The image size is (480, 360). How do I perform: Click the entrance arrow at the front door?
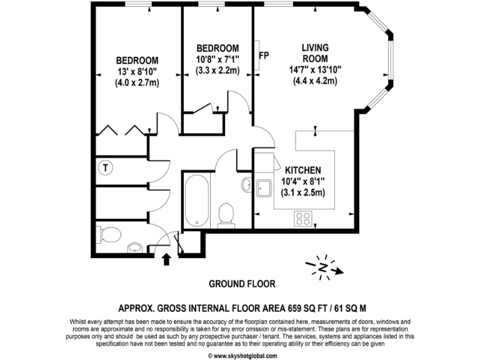click(167, 258)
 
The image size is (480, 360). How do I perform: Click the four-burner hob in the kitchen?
click(303, 218)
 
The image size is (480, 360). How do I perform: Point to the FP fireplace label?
click(264, 56)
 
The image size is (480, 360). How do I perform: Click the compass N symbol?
click(324, 267)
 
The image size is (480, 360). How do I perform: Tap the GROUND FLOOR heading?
click(241, 284)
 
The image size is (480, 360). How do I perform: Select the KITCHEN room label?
click(303, 170)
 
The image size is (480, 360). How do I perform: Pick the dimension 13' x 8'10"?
click(137, 71)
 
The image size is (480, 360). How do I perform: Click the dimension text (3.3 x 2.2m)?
click(217, 71)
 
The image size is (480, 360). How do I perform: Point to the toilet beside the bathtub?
click(226, 214)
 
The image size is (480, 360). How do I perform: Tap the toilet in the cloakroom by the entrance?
click(111, 235)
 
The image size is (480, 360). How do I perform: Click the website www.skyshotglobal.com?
click(243, 355)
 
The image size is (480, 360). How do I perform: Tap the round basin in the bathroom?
click(246, 184)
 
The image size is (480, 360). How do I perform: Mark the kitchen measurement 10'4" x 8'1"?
click(303, 181)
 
